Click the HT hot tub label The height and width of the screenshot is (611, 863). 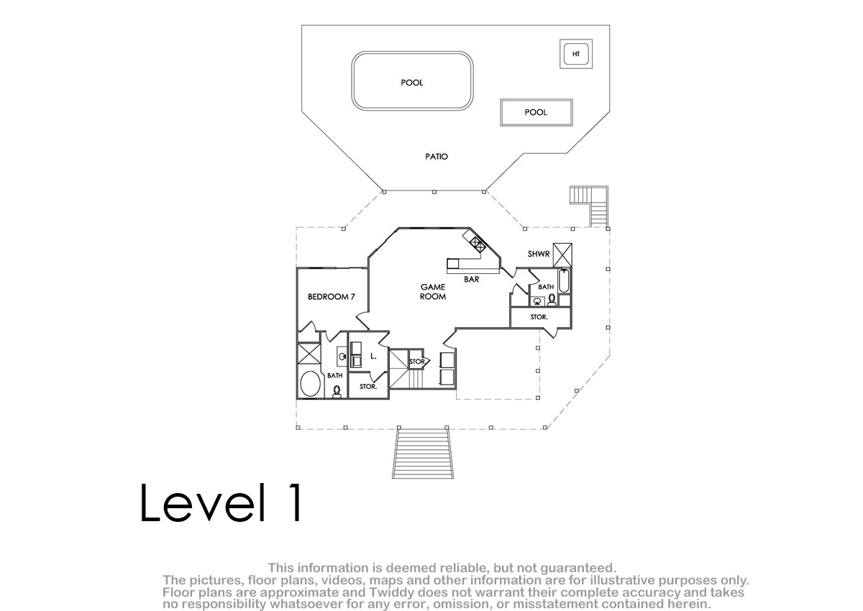[x=576, y=54]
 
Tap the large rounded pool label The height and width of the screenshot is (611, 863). [x=412, y=83]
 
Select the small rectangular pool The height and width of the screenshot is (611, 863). [x=536, y=112]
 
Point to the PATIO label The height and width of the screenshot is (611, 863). [x=437, y=156]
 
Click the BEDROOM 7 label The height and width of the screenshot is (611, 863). [x=332, y=296]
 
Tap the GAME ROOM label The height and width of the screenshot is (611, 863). [x=433, y=291]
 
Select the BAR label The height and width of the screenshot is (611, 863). [x=472, y=279]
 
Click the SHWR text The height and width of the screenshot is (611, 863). [x=539, y=254]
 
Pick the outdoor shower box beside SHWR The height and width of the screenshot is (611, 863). [x=562, y=255]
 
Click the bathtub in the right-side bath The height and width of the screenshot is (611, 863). [x=564, y=280]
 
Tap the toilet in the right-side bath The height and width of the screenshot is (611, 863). [x=552, y=300]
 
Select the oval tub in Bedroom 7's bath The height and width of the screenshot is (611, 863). [x=310, y=383]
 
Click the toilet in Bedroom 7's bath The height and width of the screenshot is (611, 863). [x=337, y=392]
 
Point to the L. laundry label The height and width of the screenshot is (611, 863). [x=373, y=356]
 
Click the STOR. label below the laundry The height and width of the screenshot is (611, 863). [x=368, y=386]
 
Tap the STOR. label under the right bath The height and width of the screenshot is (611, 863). [x=539, y=317]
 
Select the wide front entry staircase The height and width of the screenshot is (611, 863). [x=423, y=453]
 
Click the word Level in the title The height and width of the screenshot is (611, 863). [x=204, y=503]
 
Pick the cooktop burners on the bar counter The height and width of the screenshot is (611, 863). [x=476, y=244]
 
